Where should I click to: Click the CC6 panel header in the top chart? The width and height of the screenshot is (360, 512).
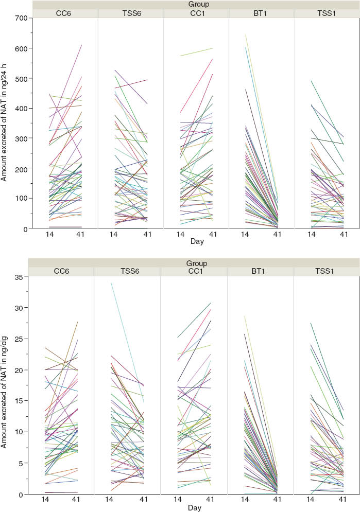[x=64, y=13]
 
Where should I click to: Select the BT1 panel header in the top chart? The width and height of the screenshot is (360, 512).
[x=261, y=13]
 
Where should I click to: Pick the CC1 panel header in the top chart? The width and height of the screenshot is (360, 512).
[x=196, y=13]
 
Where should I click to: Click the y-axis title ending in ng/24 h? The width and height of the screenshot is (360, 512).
[x=5, y=123]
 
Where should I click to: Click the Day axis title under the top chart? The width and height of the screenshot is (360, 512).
[x=195, y=241]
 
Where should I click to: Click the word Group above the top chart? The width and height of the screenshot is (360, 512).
[x=195, y=5]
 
